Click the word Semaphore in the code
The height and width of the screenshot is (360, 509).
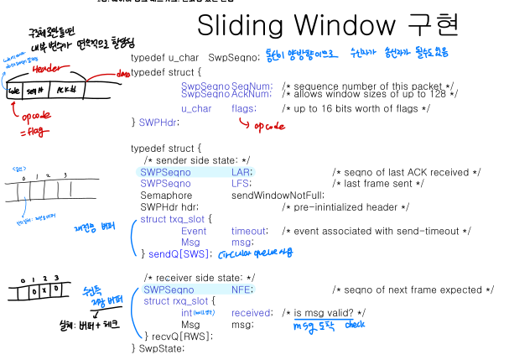coord(164,195)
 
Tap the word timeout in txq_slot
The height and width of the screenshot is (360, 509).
coord(249,230)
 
